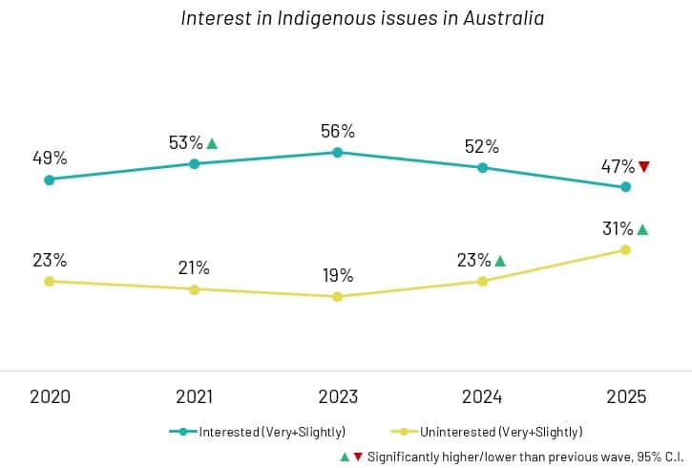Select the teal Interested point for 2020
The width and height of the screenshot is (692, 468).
tap(50, 180)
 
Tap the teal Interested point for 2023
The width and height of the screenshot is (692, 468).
tap(338, 152)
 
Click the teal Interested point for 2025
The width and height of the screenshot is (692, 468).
tap(626, 187)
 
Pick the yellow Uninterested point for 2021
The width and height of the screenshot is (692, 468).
tap(195, 289)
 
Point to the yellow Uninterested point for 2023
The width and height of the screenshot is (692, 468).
tap(338, 297)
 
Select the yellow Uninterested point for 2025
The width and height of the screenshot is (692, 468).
tap(626, 249)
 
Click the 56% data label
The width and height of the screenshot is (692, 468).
tap(338, 131)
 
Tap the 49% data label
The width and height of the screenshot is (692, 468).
tap(50, 158)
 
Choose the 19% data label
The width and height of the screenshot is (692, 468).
tap(338, 276)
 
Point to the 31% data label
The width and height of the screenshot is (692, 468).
tap(618, 229)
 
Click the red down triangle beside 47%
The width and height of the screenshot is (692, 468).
tap(643, 167)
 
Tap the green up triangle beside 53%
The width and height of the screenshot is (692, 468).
tap(212, 144)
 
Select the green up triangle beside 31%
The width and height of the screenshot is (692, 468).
tap(642, 229)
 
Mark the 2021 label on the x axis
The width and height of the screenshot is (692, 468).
tap(195, 396)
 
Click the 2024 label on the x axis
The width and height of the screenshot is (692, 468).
tap(482, 396)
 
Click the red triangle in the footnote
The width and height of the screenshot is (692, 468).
tap(358, 457)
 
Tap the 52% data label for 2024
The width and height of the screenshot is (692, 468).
tap(482, 146)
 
